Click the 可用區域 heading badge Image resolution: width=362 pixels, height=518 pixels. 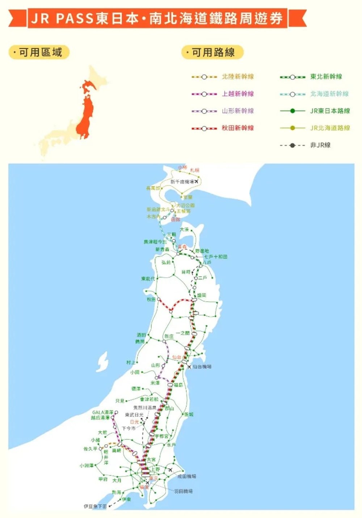pyautogui.click(x=39, y=53)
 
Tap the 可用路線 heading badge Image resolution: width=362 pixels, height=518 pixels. pyautogui.click(x=212, y=53)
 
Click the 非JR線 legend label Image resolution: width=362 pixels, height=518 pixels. pyautogui.click(x=320, y=145)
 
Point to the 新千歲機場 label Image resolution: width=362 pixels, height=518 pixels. pyautogui.click(x=182, y=182)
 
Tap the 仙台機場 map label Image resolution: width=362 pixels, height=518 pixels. pyautogui.click(x=202, y=367)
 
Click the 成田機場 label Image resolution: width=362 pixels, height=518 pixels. pyautogui.click(x=187, y=476)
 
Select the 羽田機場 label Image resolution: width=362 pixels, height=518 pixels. pyautogui.click(x=183, y=491)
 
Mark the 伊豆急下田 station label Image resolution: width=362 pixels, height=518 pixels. pyautogui.click(x=95, y=506)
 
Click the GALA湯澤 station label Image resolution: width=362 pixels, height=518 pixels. pyautogui.click(x=103, y=413)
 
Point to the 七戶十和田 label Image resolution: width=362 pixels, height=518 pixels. pyautogui.click(x=216, y=257)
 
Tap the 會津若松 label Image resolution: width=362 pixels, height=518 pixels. pyautogui.click(x=149, y=399)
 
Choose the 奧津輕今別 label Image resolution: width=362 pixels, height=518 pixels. pyautogui.click(x=155, y=242)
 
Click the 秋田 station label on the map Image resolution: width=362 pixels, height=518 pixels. pyautogui.click(x=151, y=299)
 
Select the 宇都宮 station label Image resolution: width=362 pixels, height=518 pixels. pyautogui.click(x=161, y=436)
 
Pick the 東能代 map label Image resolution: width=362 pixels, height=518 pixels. pyautogui.click(x=148, y=279)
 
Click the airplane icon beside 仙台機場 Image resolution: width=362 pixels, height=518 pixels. pyautogui.click(x=189, y=367)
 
